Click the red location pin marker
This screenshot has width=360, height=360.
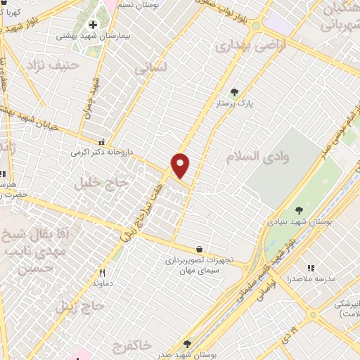click(x=181, y=165)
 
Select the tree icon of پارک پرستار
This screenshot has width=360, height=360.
click(x=235, y=92)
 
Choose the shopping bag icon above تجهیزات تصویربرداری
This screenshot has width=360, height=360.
click(x=200, y=249)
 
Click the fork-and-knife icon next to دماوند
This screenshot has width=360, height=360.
click(x=103, y=273)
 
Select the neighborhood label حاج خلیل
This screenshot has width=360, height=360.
click(x=103, y=184)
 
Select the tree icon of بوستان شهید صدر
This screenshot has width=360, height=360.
click(x=186, y=344)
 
